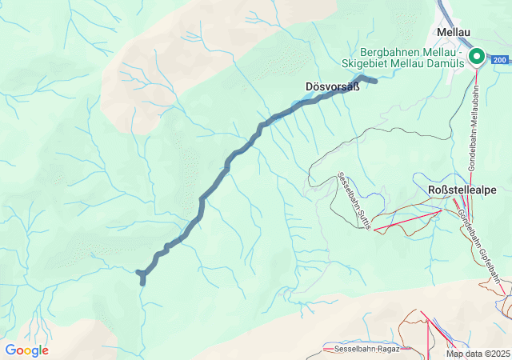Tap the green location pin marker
(x=477, y=55)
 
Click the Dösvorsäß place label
(x=332, y=86)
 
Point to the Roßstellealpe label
(x=462, y=190)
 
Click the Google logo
(x=26, y=350)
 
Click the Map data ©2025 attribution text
(x=477, y=354)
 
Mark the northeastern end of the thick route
(x=375, y=81)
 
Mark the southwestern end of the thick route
(x=142, y=282)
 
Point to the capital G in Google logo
(x=10, y=350)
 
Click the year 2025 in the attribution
(x=500, y=354)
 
